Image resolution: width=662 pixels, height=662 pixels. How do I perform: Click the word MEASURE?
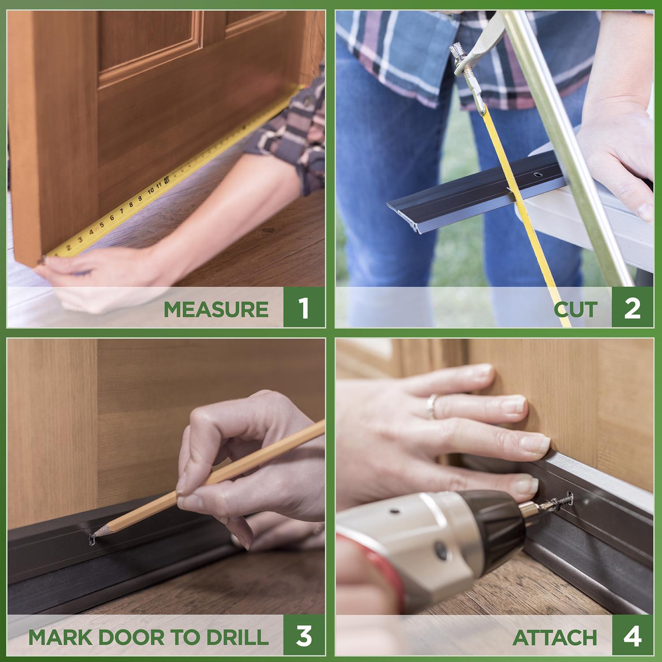(x=216, y=309)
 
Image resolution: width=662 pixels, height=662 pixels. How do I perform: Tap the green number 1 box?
(x=303, y=308)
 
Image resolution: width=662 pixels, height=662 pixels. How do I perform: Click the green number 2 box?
(x=632, y=308)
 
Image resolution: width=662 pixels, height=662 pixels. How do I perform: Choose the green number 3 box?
(x=303, y=636)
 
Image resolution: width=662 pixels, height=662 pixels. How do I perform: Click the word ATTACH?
(x=555, y=637)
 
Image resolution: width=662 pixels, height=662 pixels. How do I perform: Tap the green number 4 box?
(x=632, y=636)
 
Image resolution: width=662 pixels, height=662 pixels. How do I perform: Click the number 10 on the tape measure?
(x=150, y=191)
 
